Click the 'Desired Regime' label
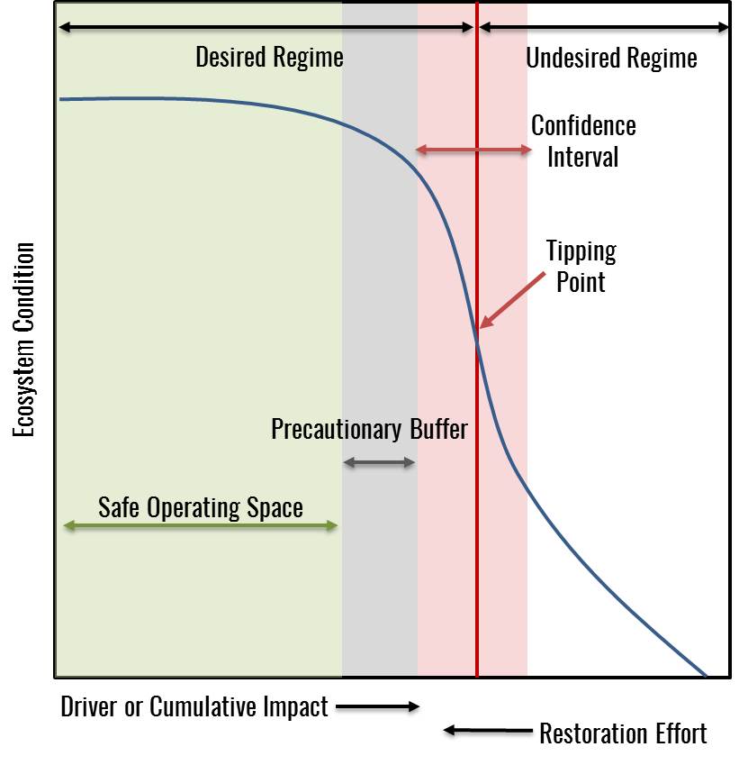[269, 58]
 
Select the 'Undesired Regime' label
[611, 59]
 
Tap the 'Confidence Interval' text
[583, 141]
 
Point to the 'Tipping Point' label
[581, 266]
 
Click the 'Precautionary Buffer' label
[369, 429]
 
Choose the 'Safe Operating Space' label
[201, 507]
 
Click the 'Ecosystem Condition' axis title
[24, 340]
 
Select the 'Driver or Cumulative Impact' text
[194, 706]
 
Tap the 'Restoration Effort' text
[623, 733]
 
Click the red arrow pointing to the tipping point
[513, 298]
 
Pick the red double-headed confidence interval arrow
[473, 150]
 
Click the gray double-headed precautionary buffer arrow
[379, 462]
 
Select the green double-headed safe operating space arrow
[200, 525]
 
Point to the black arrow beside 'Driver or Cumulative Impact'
[378, 707]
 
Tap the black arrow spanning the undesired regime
[604, 27]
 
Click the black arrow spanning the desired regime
[266, 27]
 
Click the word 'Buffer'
[439, 429]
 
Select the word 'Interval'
[583, 157]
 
